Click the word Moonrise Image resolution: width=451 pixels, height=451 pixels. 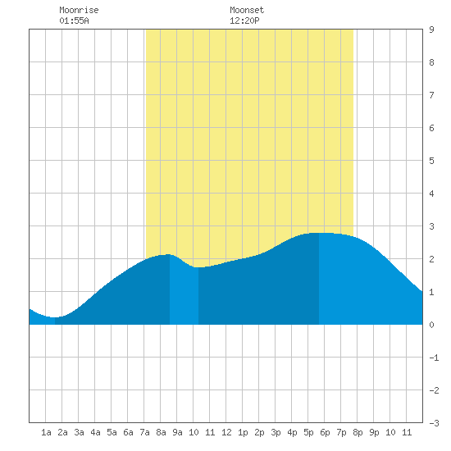[x=79, y=10]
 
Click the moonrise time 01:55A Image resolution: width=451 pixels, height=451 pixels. [x=74, y=20]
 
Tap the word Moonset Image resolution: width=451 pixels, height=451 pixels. [x=247, y=10]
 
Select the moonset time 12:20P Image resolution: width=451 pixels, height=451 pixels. [x=244, y=20]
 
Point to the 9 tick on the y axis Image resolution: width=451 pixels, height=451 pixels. [x=431, y=30]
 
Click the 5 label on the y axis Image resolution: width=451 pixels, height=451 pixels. [x=431, y=161]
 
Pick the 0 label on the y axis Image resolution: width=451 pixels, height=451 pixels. [x=431, y=325]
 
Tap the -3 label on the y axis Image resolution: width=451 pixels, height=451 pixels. [x=434, y=423]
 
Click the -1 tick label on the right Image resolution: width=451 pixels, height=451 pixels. [x=434, y=358]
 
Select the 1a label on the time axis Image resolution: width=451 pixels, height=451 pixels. [x=46, y=432]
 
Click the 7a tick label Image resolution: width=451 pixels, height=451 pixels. [x=144, y=432]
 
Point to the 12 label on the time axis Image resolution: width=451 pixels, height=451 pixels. [x=226, y=432]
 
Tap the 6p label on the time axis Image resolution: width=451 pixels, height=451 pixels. [x=325, y=432]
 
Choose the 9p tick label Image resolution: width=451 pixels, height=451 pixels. [x=374, y=432]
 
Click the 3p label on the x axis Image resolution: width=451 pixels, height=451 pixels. [x=276, y=432]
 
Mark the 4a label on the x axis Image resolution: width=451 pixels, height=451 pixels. [x=95, y=432]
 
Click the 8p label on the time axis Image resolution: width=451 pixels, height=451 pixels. [x=358, y=432]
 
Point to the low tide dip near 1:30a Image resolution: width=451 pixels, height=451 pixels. [x=54, y=317]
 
